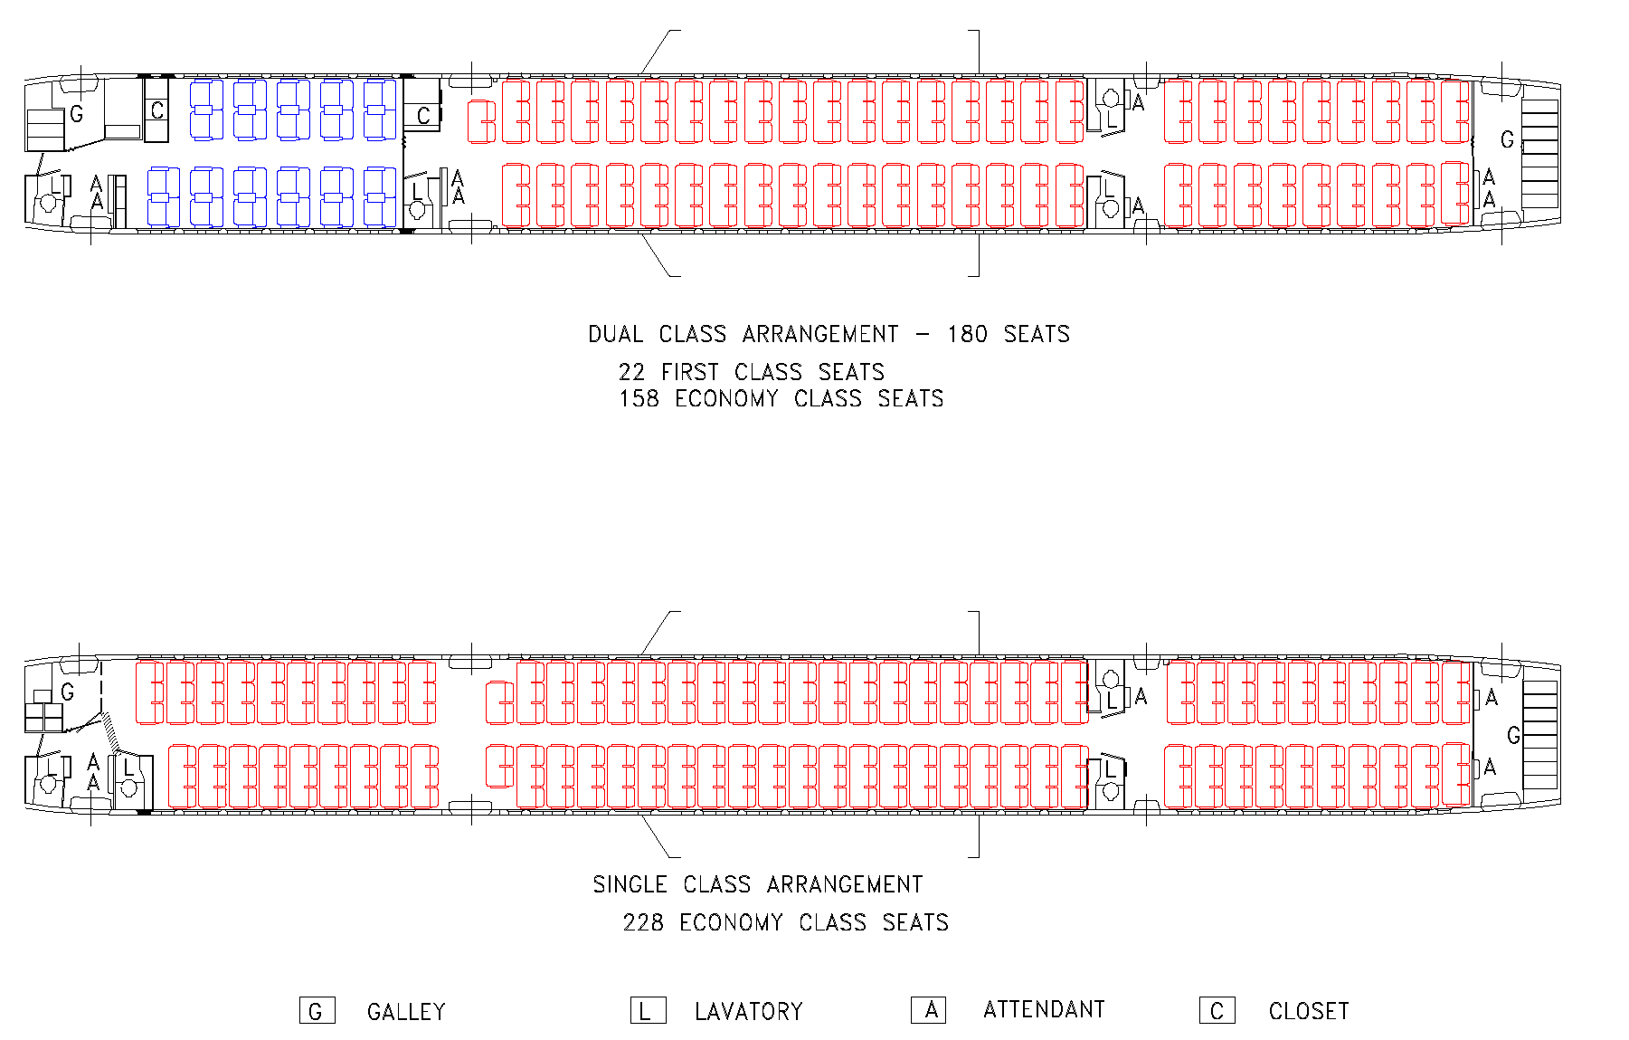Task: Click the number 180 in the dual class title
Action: pos(967,334)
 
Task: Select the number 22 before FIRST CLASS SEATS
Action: pos(631,372)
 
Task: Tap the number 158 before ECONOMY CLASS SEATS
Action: pos(639,398)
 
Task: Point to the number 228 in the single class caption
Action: pos(643,922)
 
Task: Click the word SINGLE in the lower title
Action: pos(630,884)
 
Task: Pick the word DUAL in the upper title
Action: pos(615,334)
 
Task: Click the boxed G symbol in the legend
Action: pos(317,1011)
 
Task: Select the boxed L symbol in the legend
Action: pos(648,1011)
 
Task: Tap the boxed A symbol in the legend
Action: pos(929,1009)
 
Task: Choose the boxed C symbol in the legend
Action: pos(1217,1011)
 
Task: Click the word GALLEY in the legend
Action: pos(406,1011)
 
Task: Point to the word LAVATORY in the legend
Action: pos(748,1011)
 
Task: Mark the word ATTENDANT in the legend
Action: pos(1044,1009)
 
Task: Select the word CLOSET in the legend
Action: pos(1308,1011)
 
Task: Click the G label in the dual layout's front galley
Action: pos(77,115)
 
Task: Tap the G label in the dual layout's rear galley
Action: pos(1507,140)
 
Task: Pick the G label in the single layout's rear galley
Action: pos(1513,735)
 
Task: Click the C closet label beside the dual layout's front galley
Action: pos(157,110)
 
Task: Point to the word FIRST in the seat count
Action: pos(689,372)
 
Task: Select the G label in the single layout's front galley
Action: pos(68,692)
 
